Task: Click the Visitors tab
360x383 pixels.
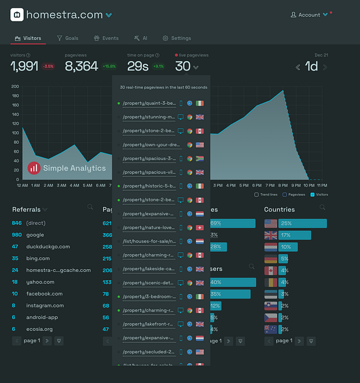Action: pyautogui.click(x=28, y=38)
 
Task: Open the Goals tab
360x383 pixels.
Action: pyautogui.click(x=68, y=38)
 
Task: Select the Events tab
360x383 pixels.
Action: pyautogui.click(x=106, y=38)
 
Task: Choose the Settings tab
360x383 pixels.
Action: pyautogui.click(x=176, y=38)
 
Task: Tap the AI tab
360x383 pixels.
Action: pyautogui.click(x=141, y=38)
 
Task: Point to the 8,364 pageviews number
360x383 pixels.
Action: pyautogui.click(x=81, y=67)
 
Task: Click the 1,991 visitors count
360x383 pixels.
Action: pyautogui.click(x=24, y=67)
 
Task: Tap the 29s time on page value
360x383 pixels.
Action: pyautogui.click(x=137, y=67)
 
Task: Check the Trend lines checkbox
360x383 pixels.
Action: pyautogui.click(x=257, y=194)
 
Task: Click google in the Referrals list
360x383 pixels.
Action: pyautogui.click(x=35, y=235)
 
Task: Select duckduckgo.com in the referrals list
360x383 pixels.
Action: pyautogui.click(x=48, y=246)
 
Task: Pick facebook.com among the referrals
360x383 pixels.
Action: pyautogui.click(x=44, y=294)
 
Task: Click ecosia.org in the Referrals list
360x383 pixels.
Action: pyautogui.click(x=40, y=329)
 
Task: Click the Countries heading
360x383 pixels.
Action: pyautogui.click(x=280, y=209)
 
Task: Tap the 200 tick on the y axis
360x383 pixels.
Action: pyautogui.click(x=16, y=86)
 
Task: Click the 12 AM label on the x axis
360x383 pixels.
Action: pyautogui.click(x=22, y=185)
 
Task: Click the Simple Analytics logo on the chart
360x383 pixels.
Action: pyautogui.click(x=67, y=168)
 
